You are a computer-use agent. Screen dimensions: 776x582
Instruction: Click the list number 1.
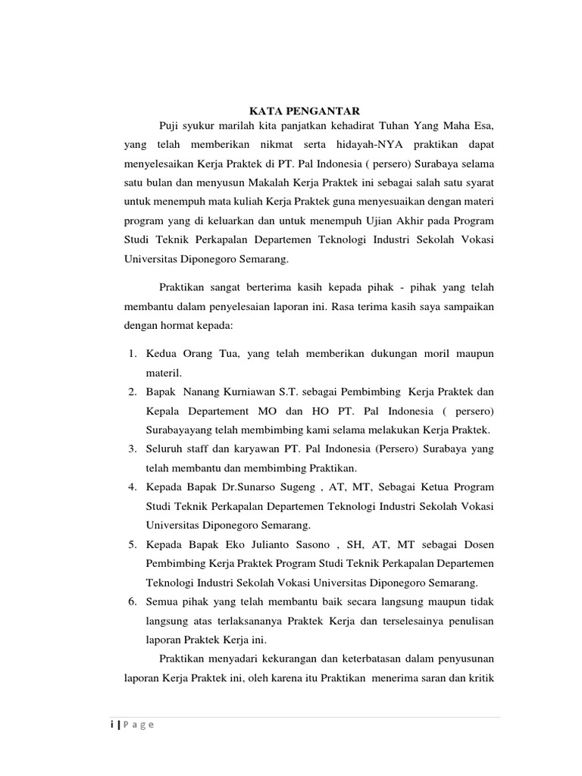pos(130,354)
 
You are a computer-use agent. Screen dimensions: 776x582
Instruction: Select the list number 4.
pos(130,487)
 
